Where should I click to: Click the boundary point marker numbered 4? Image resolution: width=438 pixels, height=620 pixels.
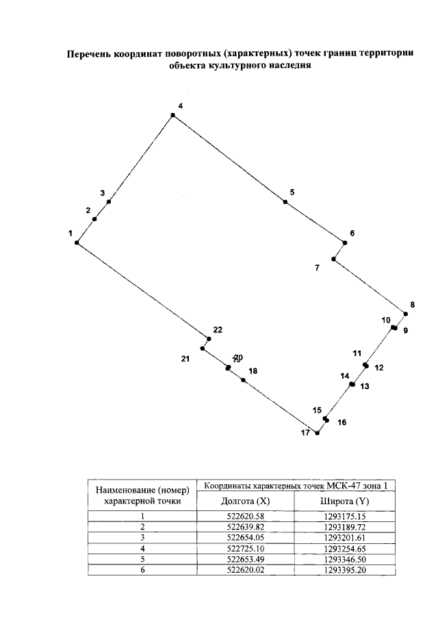173,115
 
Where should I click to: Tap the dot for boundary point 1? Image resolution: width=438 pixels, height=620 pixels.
77,243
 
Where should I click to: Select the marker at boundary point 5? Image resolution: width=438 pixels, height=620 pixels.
285,201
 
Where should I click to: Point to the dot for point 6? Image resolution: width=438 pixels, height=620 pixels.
345,242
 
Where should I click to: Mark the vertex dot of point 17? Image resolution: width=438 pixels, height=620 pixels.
317,433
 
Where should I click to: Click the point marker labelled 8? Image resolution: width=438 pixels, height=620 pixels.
406,314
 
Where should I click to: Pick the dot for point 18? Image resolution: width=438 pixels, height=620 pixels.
243,380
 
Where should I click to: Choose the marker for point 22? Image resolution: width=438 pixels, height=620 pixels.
208,338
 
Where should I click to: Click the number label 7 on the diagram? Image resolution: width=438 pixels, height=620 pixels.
317,268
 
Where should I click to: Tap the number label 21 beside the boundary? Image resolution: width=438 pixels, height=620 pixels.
185,358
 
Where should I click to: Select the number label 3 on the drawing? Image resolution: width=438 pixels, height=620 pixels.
102,193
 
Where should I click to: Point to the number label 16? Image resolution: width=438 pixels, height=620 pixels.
342,423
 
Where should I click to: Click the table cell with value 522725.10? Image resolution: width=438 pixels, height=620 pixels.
244,549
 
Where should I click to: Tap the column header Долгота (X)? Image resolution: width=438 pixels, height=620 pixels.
244,501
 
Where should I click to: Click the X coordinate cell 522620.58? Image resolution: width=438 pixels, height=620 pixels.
244,517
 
